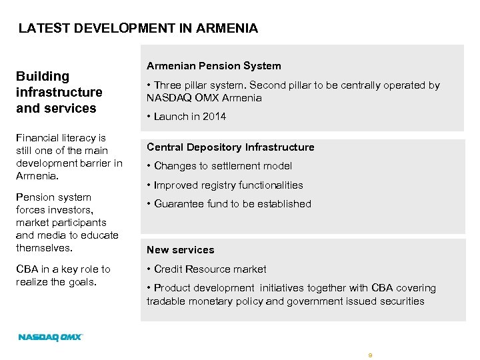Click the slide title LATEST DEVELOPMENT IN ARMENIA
click(x=138, y=28)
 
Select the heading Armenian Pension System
click(x=213, y=66)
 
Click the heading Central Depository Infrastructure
click(x=230, y=147)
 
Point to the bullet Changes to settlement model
click(x=223, y=166)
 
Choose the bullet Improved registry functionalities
click(x=228, y=185)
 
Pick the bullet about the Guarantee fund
click(x=232, y=204)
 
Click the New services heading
click(x=180, y=250)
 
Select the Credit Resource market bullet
click(x=209, y=269)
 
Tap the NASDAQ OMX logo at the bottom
click(x=50, y=337)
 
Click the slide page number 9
click(x=370, y=355)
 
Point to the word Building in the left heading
click(x=43, y=77)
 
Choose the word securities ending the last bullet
click(x=401, y=301)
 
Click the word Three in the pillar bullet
click(x=167, y=85)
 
